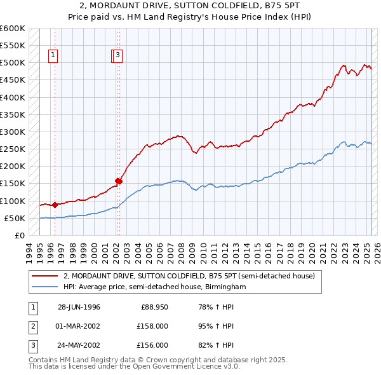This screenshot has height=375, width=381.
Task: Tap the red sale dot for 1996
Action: [x=55, y=205]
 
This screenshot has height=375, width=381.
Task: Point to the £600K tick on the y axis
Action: [x=13, y=29]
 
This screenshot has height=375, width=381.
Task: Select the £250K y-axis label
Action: [x=13, y=149]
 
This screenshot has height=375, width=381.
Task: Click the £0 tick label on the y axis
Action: [x=20, y=236]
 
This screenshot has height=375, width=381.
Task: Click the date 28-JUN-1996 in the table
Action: [x=79, y=307]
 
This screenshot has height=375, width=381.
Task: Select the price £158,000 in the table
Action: [x=152, y=326]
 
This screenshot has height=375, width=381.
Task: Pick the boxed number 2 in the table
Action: [x=31, y=326]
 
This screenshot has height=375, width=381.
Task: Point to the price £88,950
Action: [x=154, y=307]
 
